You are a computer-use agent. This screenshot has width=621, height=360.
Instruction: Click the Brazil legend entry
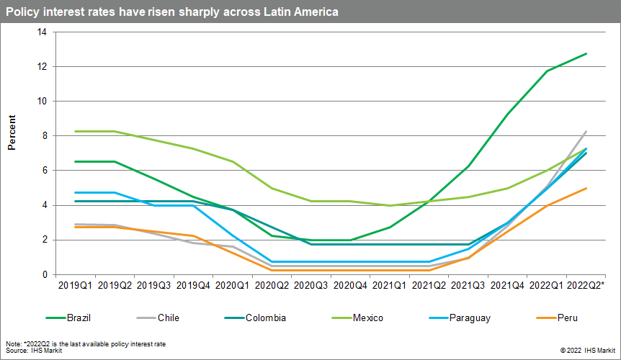tap(78, 318)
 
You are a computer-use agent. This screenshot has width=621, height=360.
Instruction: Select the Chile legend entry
tap(168, 318)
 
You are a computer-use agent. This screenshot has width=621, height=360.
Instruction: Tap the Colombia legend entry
tap(265, 318)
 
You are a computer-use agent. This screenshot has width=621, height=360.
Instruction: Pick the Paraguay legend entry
tap(469, 318)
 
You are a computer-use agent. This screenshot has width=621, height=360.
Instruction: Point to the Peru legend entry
tap(567, 318)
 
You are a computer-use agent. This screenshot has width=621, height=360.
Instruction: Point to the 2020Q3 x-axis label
tap(312, 287)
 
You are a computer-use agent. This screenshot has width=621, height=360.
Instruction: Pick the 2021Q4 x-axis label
tap(508, 287)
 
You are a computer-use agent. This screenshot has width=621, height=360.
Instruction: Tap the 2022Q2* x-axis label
tap(586, 287)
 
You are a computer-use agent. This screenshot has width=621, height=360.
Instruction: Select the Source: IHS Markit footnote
tap(34, 350)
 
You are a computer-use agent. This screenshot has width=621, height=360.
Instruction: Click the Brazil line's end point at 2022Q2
tap(586, 54)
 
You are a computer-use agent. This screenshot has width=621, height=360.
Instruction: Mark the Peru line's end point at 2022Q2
tap(586, 189)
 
